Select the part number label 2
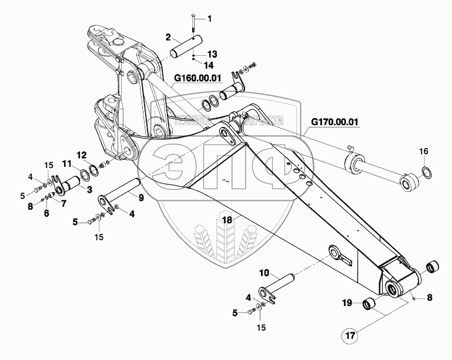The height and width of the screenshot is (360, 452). [168, 37]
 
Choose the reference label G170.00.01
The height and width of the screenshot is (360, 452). [334, 123]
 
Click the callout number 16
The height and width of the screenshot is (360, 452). [424, 152]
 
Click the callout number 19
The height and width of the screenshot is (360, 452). [347, 303]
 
